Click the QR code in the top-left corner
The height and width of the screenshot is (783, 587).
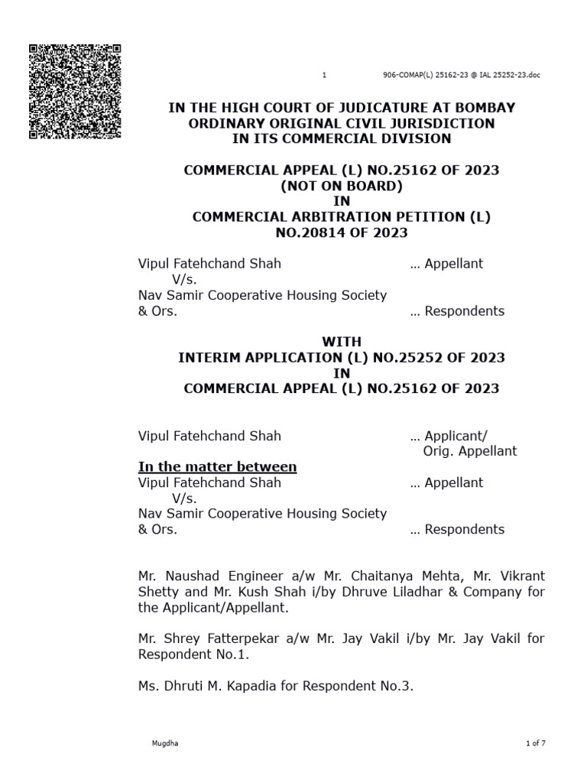[75, 92]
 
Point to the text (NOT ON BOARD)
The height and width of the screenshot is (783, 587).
[341, 186]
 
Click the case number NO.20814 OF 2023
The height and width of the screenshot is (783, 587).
[341, 232]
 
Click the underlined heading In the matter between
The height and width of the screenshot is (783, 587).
[217, 467]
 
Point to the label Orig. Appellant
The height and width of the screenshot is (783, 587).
[470, 451]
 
